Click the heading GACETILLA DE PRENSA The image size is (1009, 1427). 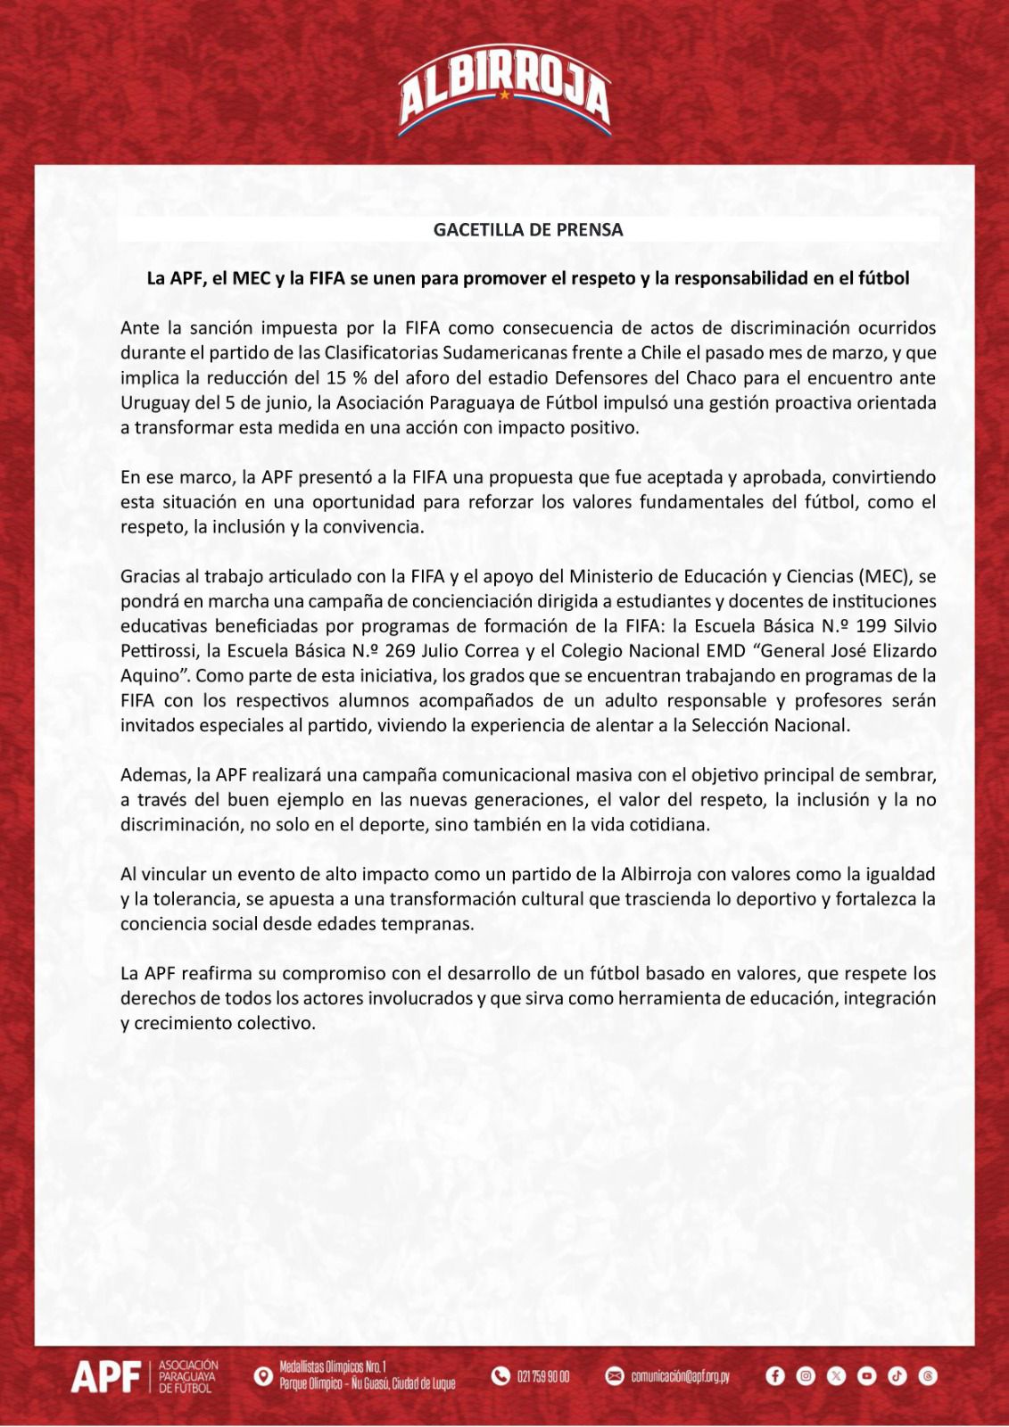(528, 229)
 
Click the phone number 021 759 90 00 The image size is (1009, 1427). (542, 1377)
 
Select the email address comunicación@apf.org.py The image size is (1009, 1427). (680, 1377)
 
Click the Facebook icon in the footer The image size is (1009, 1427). (774, 1377)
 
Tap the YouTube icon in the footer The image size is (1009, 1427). (866, 1377)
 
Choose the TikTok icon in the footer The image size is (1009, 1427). (897, 1377)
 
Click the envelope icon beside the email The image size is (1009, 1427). (615, 1377)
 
